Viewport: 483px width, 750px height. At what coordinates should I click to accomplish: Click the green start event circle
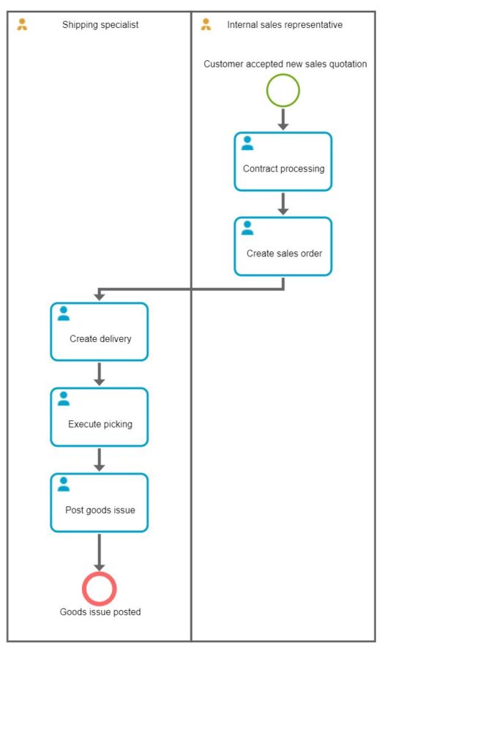[283, 91]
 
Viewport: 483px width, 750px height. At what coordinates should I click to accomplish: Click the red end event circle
[100, 588]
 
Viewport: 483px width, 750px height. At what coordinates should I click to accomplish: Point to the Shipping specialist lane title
[100, 25]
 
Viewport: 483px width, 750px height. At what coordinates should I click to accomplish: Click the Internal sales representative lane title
[285, 25]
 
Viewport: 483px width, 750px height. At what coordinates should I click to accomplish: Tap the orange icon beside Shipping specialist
[22, 25]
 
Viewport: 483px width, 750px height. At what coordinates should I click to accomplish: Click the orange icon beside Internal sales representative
[206, 25]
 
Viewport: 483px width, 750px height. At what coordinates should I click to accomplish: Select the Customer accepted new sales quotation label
[285, 64]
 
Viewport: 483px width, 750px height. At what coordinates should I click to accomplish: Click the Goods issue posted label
[100, 612]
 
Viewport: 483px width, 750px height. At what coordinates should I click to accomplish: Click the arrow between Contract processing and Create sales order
[283, 204]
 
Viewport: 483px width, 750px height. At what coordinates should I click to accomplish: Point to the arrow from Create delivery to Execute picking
[100, 374]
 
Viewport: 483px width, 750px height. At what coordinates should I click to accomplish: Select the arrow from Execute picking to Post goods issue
[100, 460]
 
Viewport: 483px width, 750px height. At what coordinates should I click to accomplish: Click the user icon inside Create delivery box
[64, 313]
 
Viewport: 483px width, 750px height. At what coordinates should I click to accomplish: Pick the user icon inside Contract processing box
[247, 143]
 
